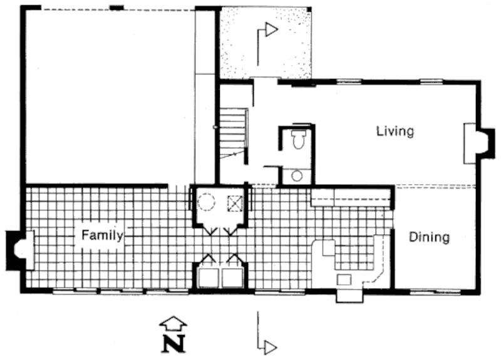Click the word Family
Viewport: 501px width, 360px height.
pyautogui.click(x=102, y=235)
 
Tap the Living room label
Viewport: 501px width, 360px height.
pyautogui.click(x=395, y=131)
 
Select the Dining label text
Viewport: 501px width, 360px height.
pyautogui.click(x=430, y=237)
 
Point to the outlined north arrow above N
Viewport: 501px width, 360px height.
pyautogui.click(x=173, y=324)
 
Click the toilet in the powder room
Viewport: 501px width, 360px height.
pyautogui.click(x=299, y=139)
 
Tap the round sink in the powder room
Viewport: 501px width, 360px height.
pyautogui.click(x=297, y=176)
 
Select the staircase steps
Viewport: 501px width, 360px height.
pyautogui.click(x=233, y=133)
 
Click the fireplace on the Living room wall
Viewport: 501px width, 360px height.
pyautogui.click(x=478, y=143)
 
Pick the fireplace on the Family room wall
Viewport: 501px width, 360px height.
pyautogui.click(x=20, y=250)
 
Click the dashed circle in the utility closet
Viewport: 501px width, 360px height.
pyautogui.click(x=206, y=202)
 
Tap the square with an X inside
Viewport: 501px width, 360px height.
pyautogui.click(x=235, y=203)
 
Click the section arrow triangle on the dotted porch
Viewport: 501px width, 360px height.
pyautogui.click(x=272, y=29)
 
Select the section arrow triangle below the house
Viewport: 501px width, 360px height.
pyautogui.click(x=271, y=347)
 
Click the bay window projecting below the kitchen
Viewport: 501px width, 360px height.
pyautogui.click(x=349, y=296)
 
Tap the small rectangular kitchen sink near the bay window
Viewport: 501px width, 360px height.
pyautogui.click(x=344, y=280)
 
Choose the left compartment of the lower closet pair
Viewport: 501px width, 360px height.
pyautogui.click(x=209, y=278)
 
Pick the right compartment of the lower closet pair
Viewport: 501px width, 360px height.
pyautogui.click(x=232, y=278)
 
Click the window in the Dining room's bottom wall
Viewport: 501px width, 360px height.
pyautogui.click(x=435, y=291)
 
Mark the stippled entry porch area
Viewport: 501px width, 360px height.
pyautogui.click(x=265, y=43)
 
